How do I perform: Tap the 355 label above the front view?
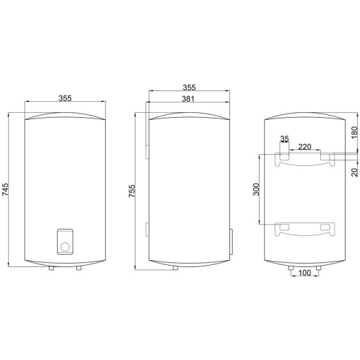coord(65,98)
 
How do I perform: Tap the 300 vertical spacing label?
coord(255,190)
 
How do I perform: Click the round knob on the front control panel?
coord(63,244)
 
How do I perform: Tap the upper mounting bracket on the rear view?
coord(306,159)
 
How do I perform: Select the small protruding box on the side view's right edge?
coord(231,240)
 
